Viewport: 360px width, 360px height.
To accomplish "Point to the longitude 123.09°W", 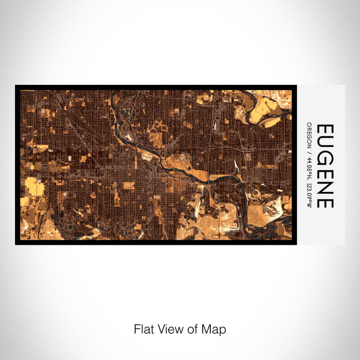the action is tap(309, 192).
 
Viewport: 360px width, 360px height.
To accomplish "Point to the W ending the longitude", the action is tap(309, 206).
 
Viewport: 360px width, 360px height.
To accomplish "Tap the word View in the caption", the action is tap(170, 329).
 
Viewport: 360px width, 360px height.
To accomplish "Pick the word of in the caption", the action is tap(192, 329).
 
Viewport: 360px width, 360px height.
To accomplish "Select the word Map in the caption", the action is tap(213, 329).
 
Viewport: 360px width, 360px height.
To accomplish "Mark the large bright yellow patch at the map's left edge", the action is tap(34, 187).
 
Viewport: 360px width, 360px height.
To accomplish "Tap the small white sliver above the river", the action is tap(236, 166).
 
